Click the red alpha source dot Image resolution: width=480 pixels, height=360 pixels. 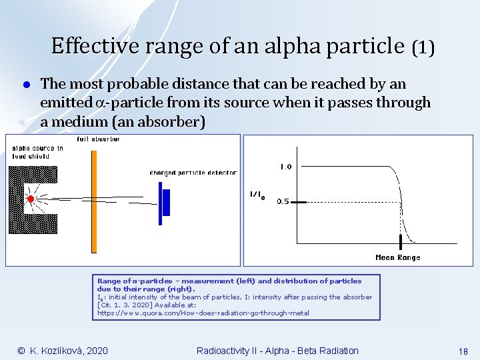pos(30,199)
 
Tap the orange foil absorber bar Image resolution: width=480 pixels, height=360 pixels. pos(94,200)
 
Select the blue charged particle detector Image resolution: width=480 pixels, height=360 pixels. pos(164,203)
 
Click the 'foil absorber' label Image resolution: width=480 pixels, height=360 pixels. pos(98,139)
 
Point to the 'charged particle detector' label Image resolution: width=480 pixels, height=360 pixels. pos(193,173)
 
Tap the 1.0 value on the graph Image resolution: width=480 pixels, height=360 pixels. pos(285,167)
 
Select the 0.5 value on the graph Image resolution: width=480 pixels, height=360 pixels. pos(283,202)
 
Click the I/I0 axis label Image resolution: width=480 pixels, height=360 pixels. pos(257,195)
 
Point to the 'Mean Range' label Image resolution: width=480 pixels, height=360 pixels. pos(398,257)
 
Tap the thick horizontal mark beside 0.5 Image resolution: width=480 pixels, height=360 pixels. pos(299,201)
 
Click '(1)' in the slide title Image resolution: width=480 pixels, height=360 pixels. pos(423,47)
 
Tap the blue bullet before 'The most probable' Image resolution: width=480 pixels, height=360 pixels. pos(23,85)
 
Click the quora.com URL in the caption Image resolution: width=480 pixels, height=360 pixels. pos(203,313)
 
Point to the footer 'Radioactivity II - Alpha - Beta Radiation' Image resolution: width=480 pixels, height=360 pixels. pos(277,351)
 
